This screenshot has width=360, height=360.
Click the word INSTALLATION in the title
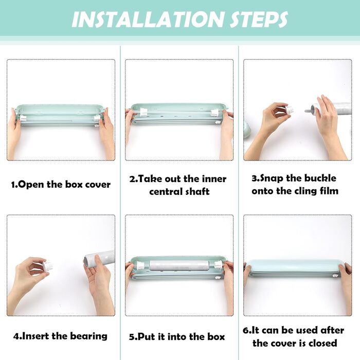pyautogui.click(x=148, y=20)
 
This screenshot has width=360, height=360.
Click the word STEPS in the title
pyautogui.click(x=259, y=20)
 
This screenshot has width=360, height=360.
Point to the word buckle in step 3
pyautogui.click(x=322, y=178)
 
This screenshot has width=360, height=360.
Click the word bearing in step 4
pyautogui.click(x=88, y=336)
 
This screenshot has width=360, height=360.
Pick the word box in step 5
pyautogui.click(x=216, y=337)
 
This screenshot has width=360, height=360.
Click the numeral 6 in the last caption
pyautogui.click(x=245, y=331)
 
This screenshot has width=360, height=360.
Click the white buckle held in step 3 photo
pyautogui.click(x=290, y=109)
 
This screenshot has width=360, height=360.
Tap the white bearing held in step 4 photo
pyautogui.click(x=46, y=266)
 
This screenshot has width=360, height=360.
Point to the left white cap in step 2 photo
pyautogui.click(x=143, y=112)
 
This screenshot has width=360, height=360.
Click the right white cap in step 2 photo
pyautogui.click(x=215, y=113)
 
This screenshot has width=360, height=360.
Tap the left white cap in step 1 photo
pyautogui.click(x=24, y=118)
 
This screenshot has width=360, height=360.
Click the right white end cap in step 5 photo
pyautogui.click(x=219, y=265)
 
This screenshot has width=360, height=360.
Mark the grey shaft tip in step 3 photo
pyautogui.click(x=308, y=111)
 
